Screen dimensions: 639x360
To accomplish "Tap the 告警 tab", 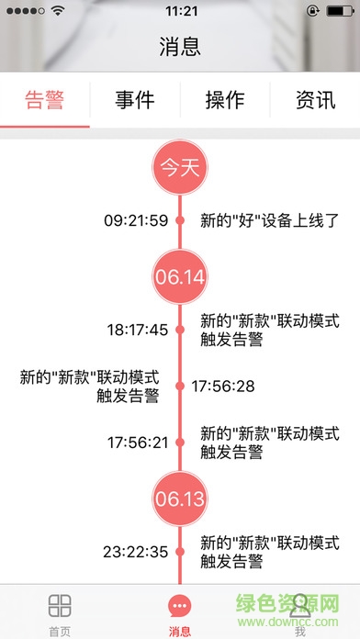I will (x=45, y=100).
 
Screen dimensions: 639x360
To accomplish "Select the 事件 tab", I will (x=134, y=100).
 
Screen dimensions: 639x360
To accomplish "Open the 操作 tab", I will (x=224, y=100).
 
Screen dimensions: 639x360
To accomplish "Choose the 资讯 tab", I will (x=315, y=100).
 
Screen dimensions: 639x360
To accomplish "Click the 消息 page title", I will (x=180, y=47).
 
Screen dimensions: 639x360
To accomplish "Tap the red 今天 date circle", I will (x=180, y=167).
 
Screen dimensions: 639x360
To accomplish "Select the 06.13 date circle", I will (x=180, y=499).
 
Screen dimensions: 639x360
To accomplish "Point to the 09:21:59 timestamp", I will (x=136, y=220).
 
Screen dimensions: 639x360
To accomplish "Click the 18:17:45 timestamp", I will (x=138, y=330).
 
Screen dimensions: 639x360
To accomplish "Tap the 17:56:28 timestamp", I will (x=222, y=387).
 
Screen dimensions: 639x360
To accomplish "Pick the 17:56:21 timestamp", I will (x=138, y=443).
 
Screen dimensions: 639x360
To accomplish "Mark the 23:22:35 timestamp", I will (x=136, y=552).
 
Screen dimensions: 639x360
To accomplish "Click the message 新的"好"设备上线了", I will (x=270, y=220).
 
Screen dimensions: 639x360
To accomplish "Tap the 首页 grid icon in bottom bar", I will (x=60, y=605).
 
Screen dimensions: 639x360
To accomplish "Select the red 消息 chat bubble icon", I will (x=180, y=606).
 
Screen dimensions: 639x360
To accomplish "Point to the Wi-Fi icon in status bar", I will (x=60, y=11).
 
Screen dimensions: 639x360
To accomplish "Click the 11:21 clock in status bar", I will (x=180, y=11).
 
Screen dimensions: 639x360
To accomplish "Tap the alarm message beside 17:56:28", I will (x=90, y=387).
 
